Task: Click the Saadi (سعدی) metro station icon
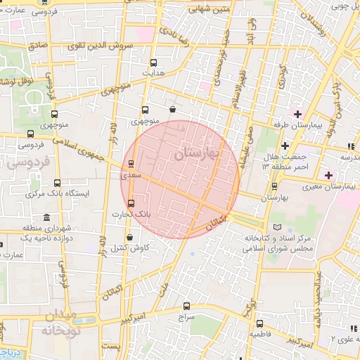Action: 131,164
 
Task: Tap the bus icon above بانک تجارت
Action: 131,204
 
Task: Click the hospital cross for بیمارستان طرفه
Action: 297,114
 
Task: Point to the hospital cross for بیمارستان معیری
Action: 329,174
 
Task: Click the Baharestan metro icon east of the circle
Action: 274,186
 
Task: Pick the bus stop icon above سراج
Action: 186,306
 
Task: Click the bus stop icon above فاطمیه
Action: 259,324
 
